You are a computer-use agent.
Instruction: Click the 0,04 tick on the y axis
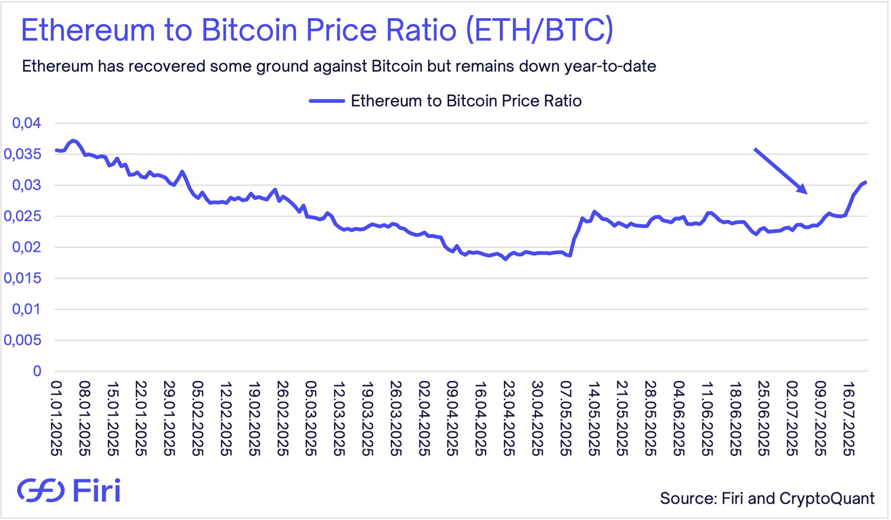(26, 123)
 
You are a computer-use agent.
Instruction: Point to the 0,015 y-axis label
(23, 278)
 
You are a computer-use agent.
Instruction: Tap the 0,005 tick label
(23, 340)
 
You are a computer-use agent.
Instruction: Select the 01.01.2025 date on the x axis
(56, 418)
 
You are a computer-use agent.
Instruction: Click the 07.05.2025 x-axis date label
(566, 418)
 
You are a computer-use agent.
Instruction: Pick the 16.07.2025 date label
(849, 418)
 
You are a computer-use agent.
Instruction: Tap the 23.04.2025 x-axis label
(509, 418)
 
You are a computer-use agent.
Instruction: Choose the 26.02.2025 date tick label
(283, 418)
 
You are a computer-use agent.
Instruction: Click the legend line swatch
(327, 101)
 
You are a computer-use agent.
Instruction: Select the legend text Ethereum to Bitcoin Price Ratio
(466, 101)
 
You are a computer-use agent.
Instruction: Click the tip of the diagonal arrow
(807, 193)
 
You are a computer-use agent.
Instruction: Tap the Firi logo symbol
(41, 490)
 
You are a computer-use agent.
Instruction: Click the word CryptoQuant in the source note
(827, 498)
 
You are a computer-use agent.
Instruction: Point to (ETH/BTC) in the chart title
(539, 30)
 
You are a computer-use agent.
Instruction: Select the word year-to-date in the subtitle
(610, 66)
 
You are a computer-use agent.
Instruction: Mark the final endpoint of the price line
(866, 182)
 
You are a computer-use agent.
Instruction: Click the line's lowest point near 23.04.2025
(505, 260)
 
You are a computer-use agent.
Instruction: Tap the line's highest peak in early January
(73, 140)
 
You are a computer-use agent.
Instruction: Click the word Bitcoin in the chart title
(249, 30)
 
